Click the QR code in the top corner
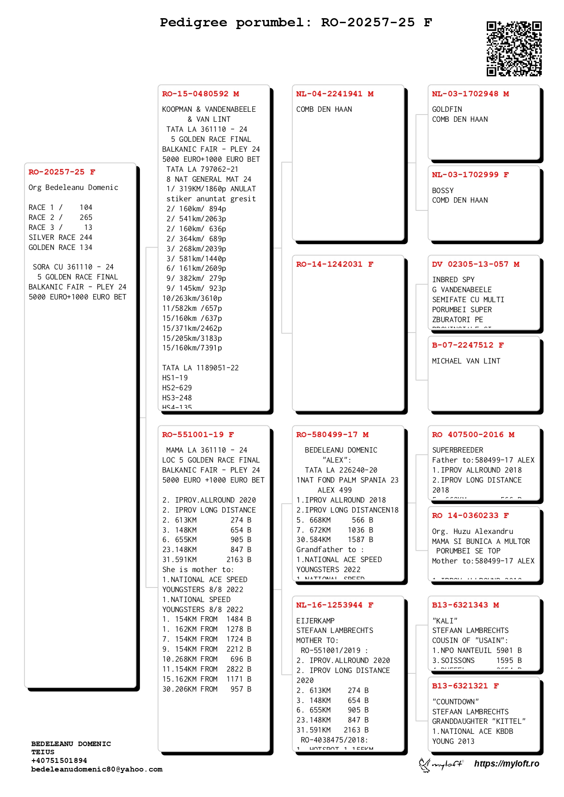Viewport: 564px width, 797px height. [514, 48]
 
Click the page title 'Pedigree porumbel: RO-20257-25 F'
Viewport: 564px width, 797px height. [296, 22]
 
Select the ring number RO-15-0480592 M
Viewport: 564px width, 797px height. [200, 94]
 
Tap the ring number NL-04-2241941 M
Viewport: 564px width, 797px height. [334, 94]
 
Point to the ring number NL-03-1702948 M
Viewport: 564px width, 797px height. [470, 94]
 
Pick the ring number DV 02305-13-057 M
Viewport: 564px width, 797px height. [475, 264]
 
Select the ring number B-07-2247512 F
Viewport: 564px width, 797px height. [468, 345]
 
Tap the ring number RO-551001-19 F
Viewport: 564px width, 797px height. [198, 435]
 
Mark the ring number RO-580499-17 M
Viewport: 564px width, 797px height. [332, 435]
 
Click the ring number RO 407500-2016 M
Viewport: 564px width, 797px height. [473, 435]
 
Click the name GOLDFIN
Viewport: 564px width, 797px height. [447, 110]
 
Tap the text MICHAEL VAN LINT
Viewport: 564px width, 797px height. [466, 361]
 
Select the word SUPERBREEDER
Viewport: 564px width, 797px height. [458, 450]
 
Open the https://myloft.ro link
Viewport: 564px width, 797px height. [506, 764]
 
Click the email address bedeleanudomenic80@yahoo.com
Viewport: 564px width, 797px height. [97, 769]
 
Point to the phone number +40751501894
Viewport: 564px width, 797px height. [59, 761]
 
